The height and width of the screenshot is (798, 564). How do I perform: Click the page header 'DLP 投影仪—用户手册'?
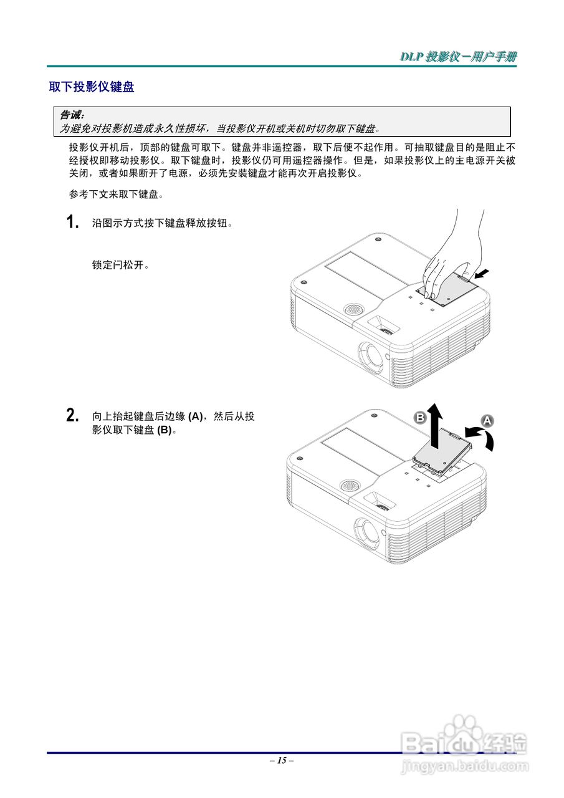point(458,57)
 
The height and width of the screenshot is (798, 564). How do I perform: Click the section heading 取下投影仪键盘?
point(92,87)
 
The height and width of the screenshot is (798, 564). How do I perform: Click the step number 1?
point(73,223)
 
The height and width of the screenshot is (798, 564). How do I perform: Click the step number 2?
point(73,415)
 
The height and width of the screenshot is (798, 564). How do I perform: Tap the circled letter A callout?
point(487,420)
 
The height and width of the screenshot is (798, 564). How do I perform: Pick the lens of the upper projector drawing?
point(371,355)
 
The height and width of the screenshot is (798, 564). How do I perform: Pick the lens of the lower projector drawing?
point(367,532)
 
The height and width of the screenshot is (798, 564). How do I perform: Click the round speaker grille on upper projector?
point(352,309)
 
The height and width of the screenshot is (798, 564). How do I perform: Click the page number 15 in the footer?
point(282,760)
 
